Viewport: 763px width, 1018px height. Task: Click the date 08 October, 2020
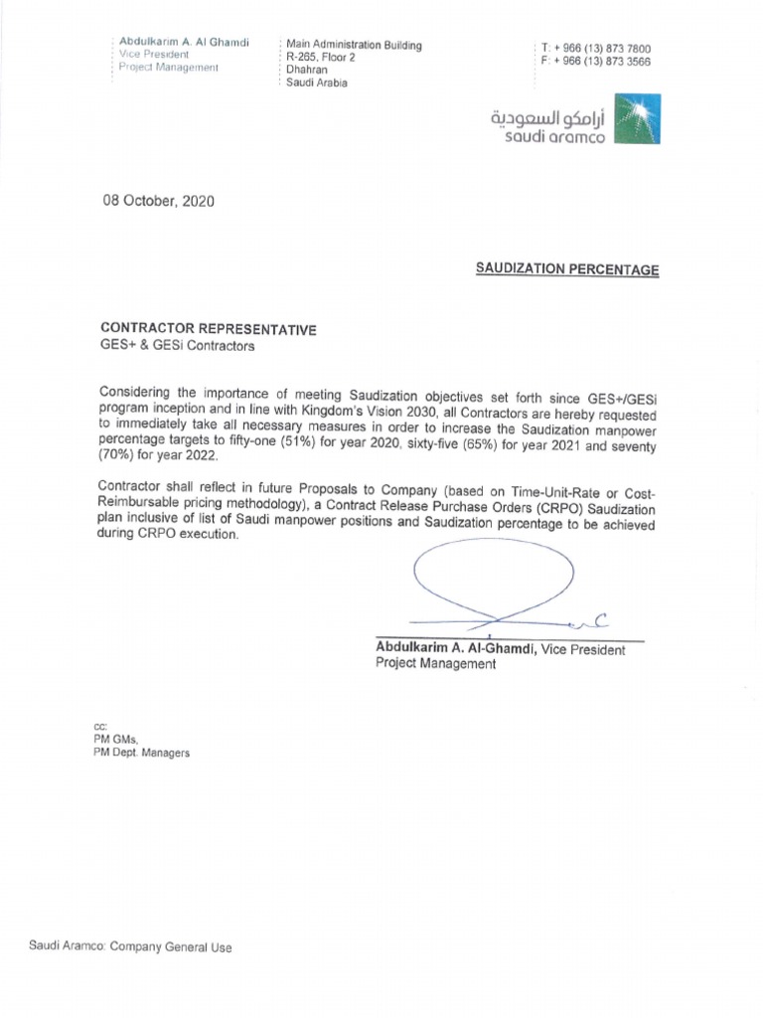click(158, 201)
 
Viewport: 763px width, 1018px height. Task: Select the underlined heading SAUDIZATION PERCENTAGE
click(566, 269)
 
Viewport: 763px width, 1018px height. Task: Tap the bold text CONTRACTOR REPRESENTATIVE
click(210, 329)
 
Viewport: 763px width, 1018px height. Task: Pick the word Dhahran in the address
click(306, 71)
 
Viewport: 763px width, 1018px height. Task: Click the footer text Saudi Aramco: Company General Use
click(130, 948)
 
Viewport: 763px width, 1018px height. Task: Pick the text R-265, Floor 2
click(320, 58)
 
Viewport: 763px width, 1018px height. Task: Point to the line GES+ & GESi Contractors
click(176, 346)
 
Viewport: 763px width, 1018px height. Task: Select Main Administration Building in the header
click(354, 45)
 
